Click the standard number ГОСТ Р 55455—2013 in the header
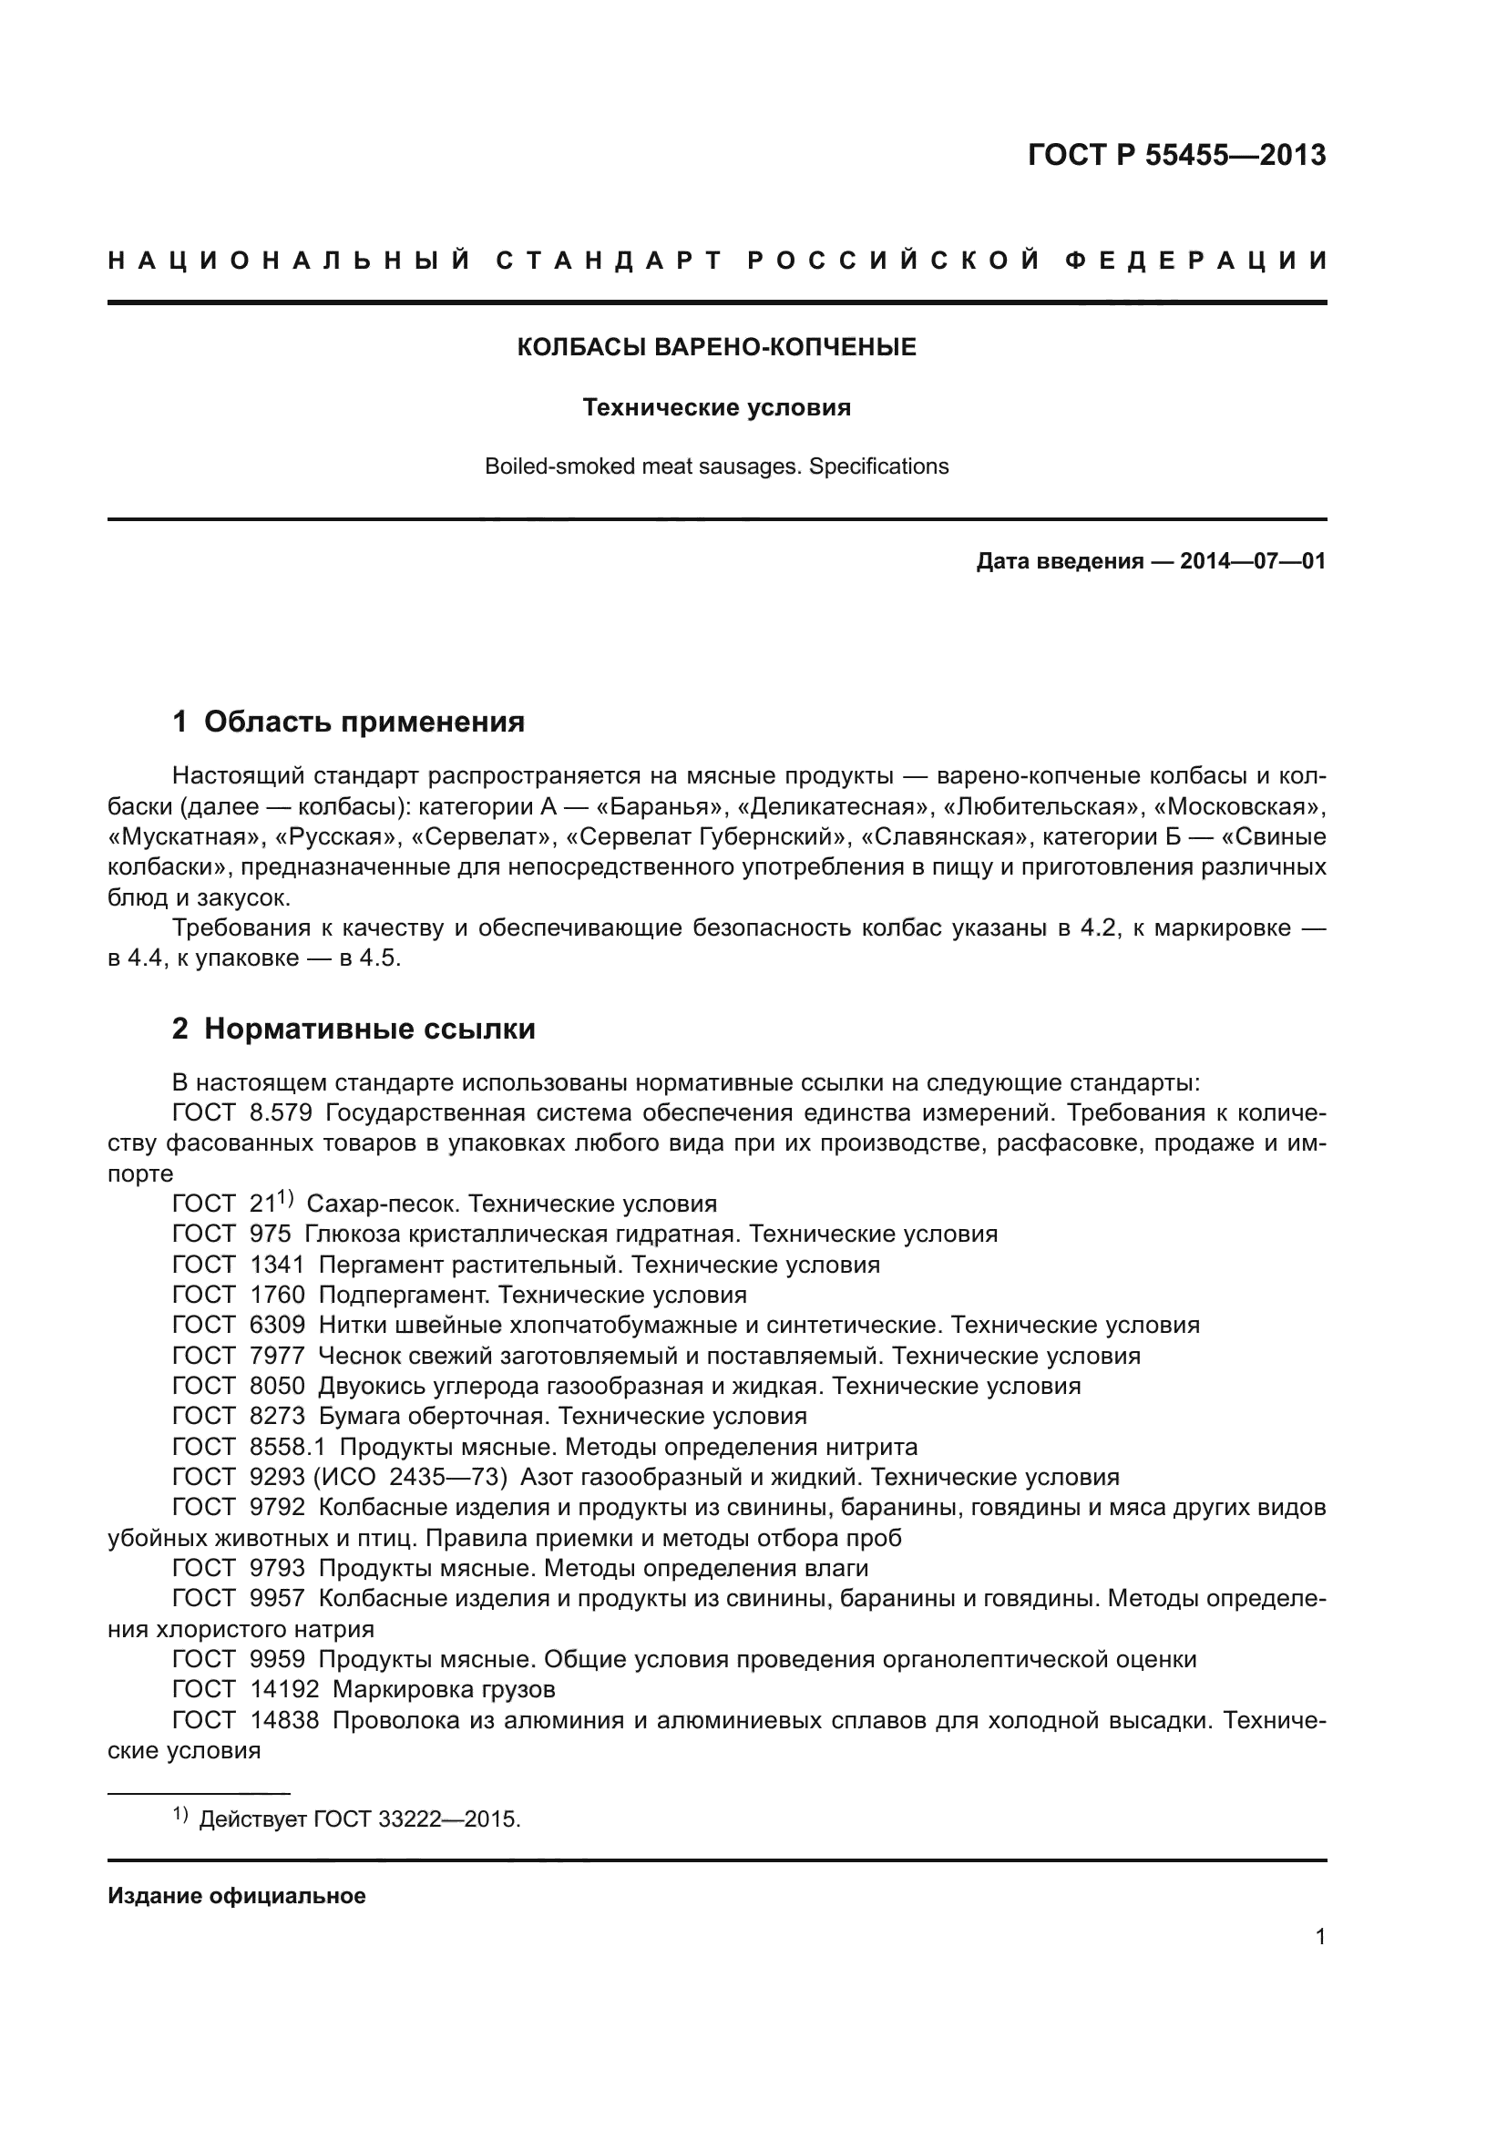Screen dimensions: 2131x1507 1175,155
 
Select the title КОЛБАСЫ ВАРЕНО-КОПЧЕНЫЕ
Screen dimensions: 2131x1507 716,347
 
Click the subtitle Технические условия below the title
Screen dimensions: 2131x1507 716,407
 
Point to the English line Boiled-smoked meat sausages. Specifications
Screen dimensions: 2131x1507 716,466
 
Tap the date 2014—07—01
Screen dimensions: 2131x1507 1252,561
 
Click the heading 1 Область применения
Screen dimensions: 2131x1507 348,722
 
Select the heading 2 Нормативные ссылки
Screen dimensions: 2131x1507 354,1029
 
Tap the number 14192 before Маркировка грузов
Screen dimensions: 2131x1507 284,1689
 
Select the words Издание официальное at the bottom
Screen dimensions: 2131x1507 237,1896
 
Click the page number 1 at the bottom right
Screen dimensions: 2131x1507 1319,1937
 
